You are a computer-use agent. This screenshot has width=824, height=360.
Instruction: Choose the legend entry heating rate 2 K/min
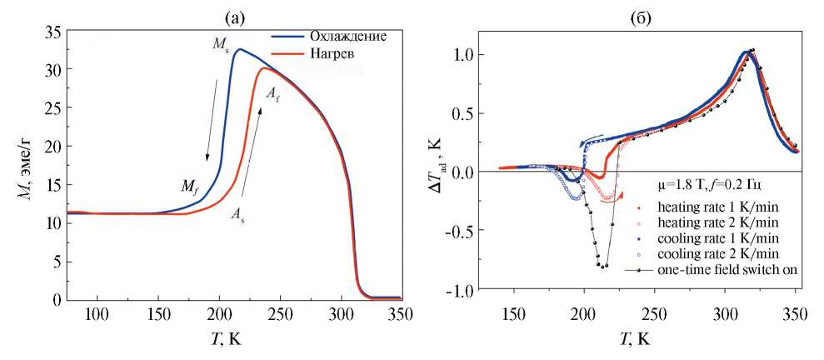(718, 222)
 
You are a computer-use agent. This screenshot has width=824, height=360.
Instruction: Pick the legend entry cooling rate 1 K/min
(718, 237)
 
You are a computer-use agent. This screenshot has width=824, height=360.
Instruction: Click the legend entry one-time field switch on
(723, 269)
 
